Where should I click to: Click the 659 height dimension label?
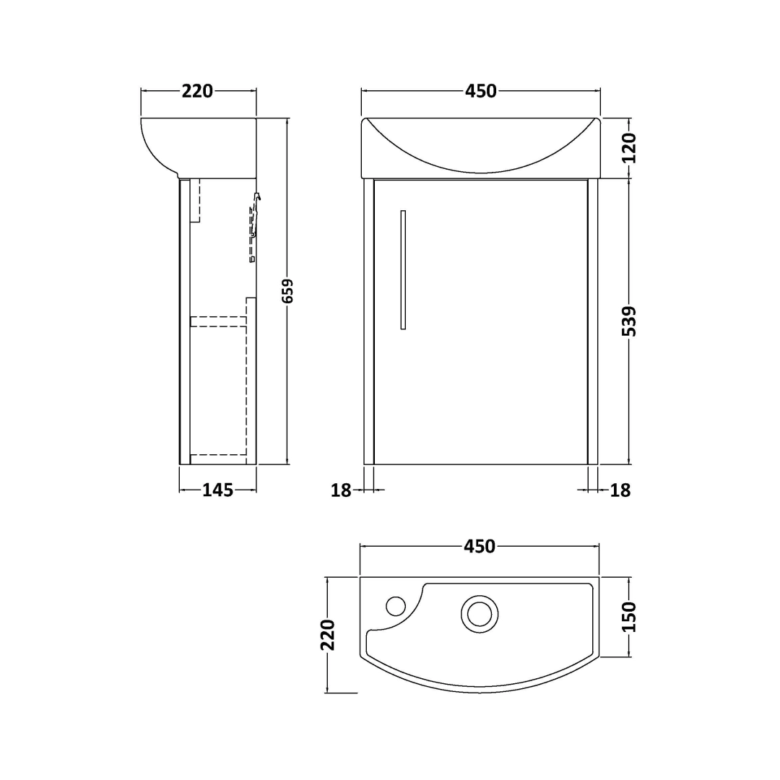click(x=287, y=291)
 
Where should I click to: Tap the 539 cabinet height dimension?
click(x=629, y=321)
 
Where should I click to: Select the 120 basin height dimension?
click(x=629, y=148)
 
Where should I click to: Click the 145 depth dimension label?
click(x=218, y=490)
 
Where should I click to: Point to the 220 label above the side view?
click(x=197, y=91)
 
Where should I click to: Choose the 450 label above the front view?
click(x=480, y=91)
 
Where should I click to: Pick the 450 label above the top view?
click(x=480, y=546)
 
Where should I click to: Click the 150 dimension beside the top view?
click(x=629, y=617)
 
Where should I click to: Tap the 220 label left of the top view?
click(x=328, y=636)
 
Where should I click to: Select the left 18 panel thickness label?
click(x=341, y=490)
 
